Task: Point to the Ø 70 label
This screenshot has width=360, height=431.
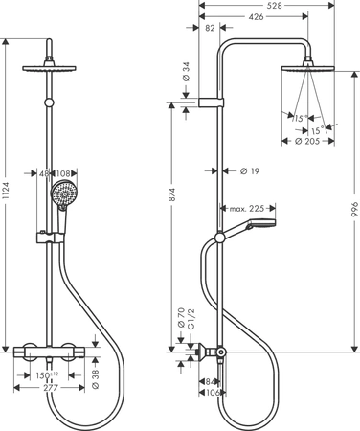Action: (180, 316)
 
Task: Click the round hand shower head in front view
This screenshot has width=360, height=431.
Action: (62, 199)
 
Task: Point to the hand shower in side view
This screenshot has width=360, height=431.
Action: (254, 226)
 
